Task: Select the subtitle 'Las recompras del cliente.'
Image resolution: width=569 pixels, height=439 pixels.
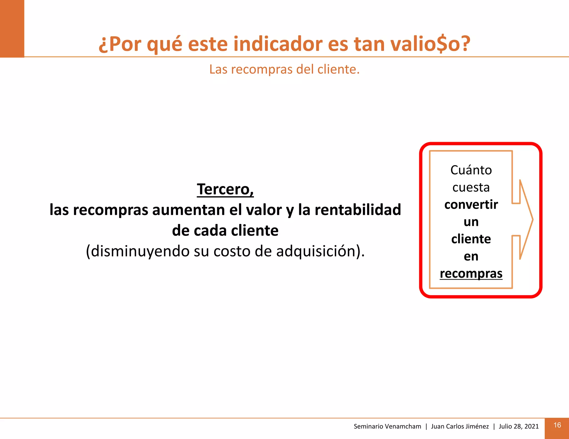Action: [x=284, y=69]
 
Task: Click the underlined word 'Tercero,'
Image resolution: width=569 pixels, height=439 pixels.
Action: [x=225, y=190]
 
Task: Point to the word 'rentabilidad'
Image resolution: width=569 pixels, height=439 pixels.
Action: [x=358, y=210]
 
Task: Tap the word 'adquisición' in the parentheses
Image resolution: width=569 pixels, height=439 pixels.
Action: [x=316, y=251]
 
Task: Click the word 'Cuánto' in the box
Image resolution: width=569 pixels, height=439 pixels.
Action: [x=471, y=170]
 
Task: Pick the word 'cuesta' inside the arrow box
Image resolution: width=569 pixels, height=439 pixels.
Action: [x=471, y=187]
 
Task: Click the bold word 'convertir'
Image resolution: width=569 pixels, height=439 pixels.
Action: [x=471, y=205]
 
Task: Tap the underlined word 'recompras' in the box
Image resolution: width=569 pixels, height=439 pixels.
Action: [x=471, y=274]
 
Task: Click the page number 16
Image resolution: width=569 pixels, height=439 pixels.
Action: [x=557, y=425]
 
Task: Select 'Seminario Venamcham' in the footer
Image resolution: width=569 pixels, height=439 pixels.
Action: [x=387, y=427]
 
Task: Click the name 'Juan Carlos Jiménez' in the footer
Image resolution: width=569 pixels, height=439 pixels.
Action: [x=460, y=427]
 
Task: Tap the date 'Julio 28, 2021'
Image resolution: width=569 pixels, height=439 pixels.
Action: [x=518, y=427]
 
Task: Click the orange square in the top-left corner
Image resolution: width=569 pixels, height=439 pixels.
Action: [x=12, y=29]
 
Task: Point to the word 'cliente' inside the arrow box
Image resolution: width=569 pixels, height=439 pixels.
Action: [x=471, y=239]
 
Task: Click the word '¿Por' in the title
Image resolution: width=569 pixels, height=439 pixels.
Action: [x=120, y=44]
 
